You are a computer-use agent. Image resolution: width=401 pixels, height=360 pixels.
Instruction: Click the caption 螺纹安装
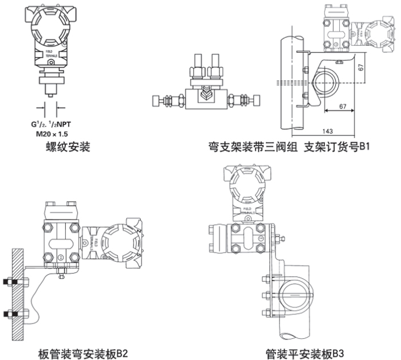click(68, 148)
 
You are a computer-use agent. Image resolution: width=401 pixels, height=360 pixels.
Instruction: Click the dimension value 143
click(328, 130)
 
